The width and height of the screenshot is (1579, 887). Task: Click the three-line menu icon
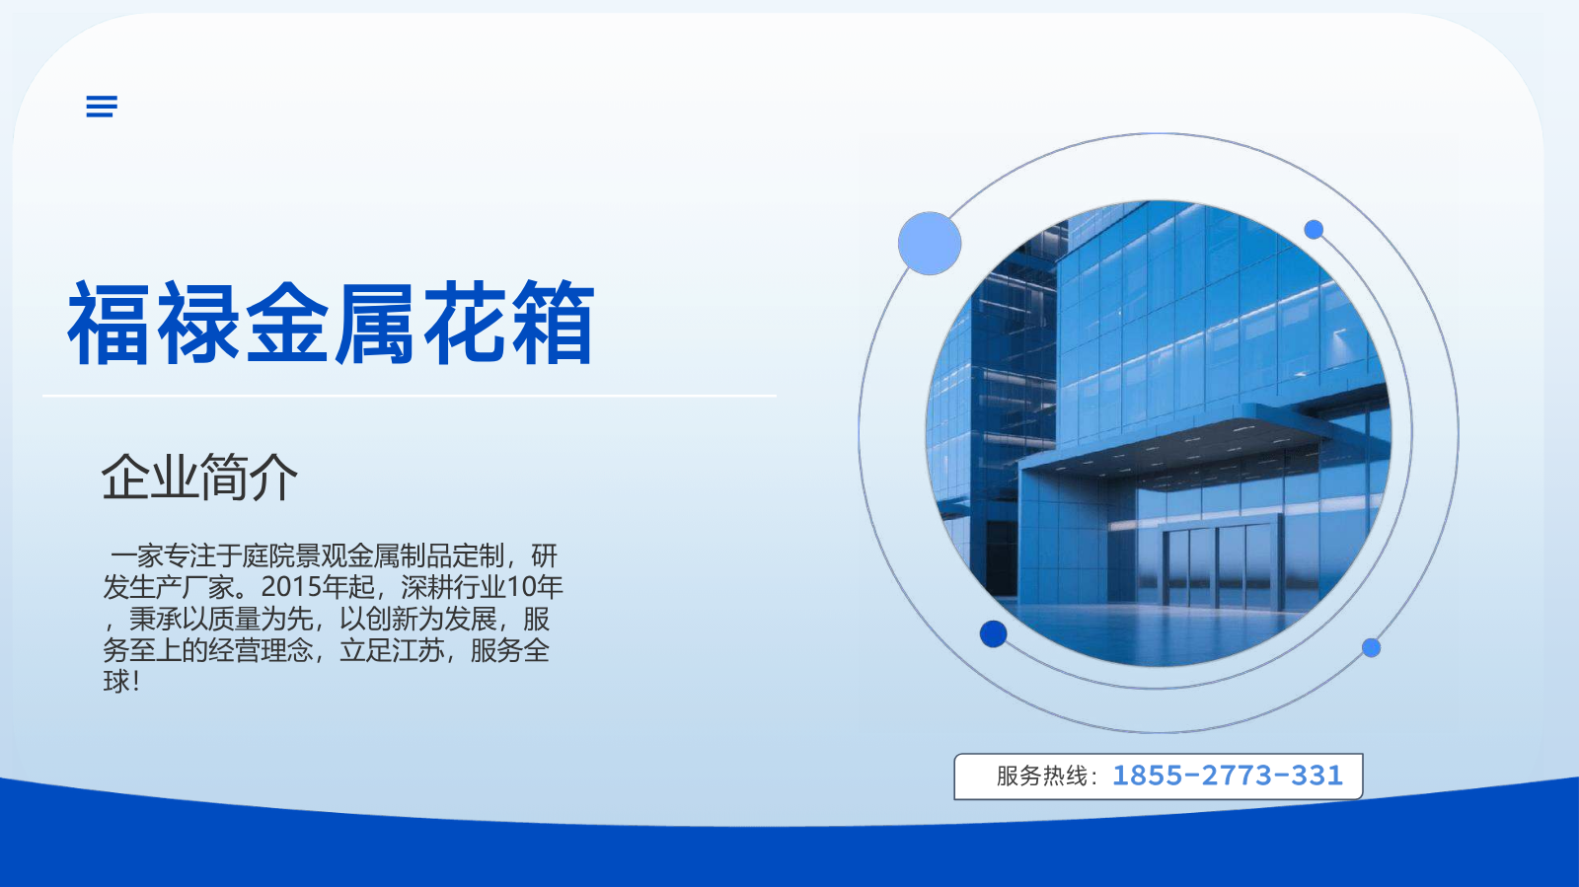click(x=102, y=107)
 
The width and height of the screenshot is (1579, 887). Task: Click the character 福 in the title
click(x=110, y=323)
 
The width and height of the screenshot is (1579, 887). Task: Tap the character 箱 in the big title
click(x=553, y=323)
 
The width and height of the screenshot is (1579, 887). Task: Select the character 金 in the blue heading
click(x=287, y=323)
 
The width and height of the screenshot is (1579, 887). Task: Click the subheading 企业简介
click(x=199, y=478)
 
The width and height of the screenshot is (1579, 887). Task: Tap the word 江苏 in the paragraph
click(x=418, y=649)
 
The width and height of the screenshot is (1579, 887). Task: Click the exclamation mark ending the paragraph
click(x=136, y=681)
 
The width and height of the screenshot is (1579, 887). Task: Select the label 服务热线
click(x=1042, y=776)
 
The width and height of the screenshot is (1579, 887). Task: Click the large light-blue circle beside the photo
click(x=930, y=243)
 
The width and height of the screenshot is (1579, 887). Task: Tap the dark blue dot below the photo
click(x=993, y=633)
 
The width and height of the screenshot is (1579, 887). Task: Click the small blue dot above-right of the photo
click(x=1314, y=230)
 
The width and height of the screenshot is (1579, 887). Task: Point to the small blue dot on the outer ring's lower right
click(x=1371, y=647)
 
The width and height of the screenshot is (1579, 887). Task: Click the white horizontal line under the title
click(x=410, y=396)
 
